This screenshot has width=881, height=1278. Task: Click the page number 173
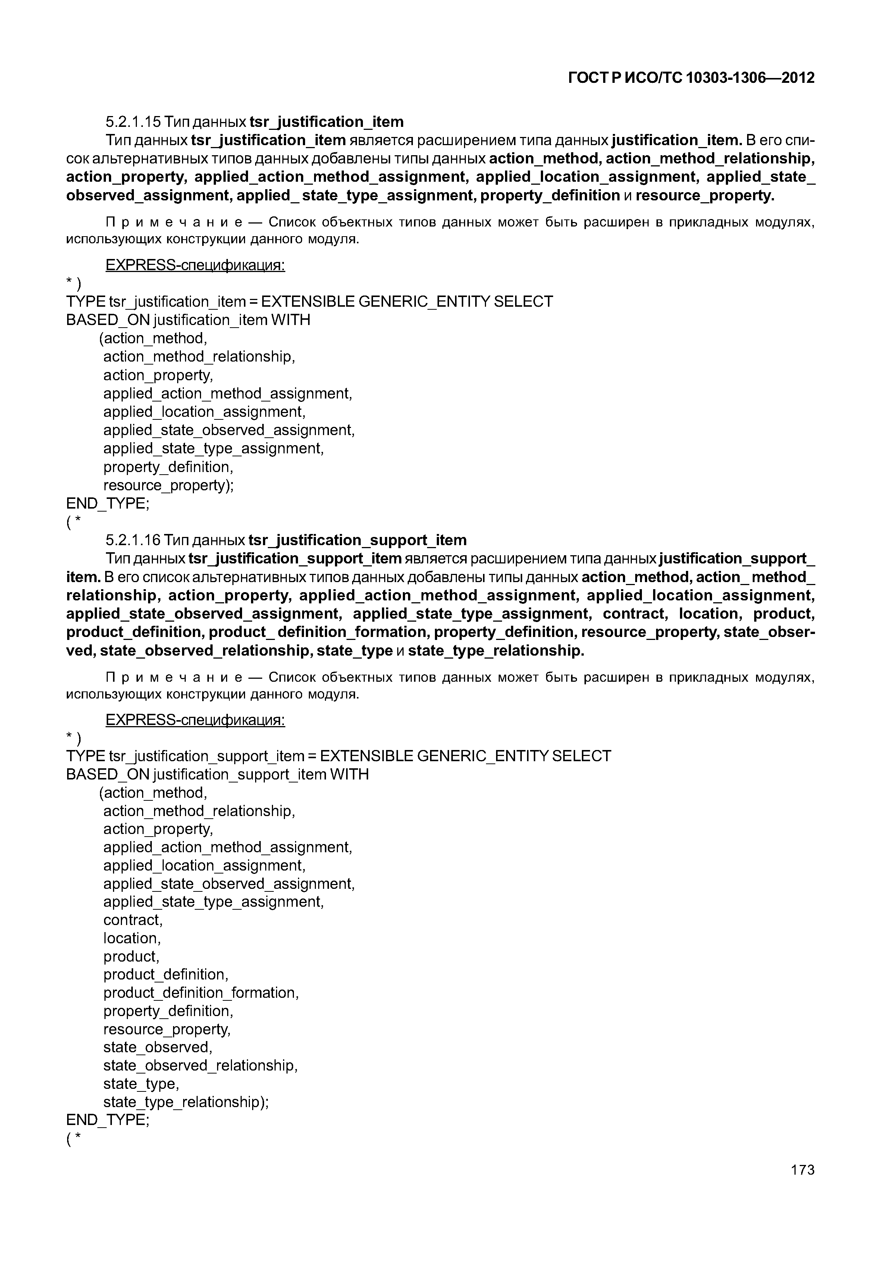click(802, 1170)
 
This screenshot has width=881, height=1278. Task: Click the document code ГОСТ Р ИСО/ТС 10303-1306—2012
click(691, 78)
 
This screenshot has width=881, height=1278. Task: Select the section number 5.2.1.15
click(133, 122)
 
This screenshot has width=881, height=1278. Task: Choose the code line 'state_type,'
click(141, 1084)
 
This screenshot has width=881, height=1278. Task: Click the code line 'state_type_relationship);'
click(186, 1102)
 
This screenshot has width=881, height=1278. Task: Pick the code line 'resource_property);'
click(168, 485)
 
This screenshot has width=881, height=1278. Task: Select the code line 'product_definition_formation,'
click(201, 993)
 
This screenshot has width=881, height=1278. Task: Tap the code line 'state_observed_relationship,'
click(200, 1065)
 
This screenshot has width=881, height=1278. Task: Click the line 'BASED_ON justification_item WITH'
click(188, 320)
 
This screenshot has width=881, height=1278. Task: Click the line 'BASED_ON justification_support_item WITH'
click(217, 774)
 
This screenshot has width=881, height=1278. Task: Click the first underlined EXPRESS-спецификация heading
click(195, 266)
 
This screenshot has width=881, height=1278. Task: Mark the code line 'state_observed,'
click(158, 1047)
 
